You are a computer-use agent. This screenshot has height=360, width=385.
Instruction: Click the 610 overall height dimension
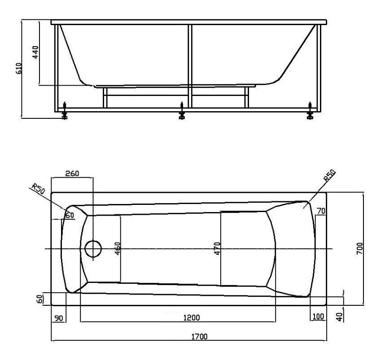pos(19,69)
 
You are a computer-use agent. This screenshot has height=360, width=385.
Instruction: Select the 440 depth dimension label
pos(35,52)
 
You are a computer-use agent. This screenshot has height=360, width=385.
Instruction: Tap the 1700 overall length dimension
pos(199,336)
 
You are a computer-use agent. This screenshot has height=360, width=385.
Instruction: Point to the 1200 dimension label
pos(192,318)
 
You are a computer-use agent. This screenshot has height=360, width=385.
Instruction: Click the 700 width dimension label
pos(359,248)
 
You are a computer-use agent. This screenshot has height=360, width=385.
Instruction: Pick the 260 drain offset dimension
pos(72,173)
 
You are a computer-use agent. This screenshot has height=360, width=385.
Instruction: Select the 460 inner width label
pos(118,248)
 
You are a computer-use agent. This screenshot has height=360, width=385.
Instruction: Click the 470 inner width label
pos(217,248)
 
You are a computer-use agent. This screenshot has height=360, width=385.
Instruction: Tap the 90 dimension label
pos(59,318)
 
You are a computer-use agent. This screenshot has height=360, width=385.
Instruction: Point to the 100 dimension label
pos(318,317)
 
